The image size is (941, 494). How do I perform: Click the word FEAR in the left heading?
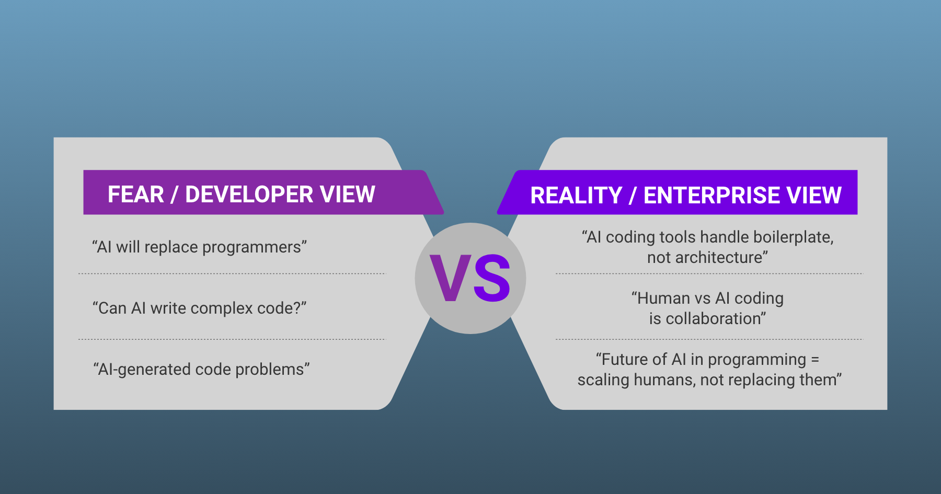point(135,194)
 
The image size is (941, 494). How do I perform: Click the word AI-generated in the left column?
point(144,370)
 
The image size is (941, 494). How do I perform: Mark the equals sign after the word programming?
point(814,360)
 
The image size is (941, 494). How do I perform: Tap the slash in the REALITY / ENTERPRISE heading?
point(633,196)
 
